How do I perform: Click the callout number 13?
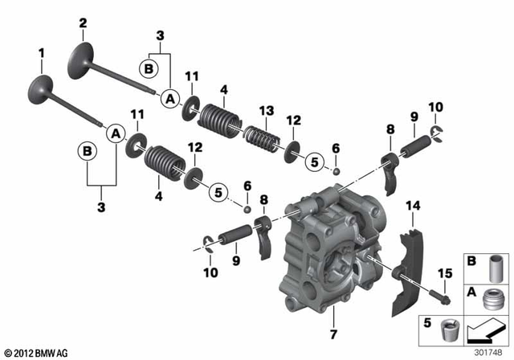(x=266, y=110)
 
